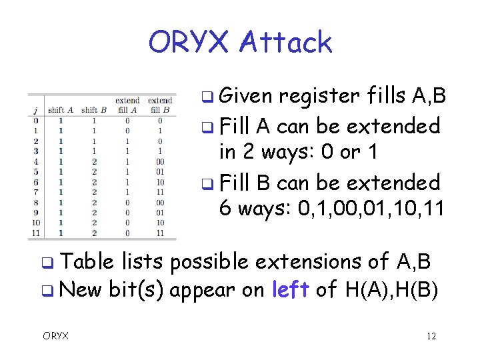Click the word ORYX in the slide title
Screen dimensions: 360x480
(189, 42)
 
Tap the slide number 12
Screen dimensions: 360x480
(431, 336)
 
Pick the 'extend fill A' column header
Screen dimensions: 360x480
(127, 105)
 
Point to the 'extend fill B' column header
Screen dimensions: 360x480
(160, 105)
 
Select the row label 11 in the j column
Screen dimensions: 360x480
(34, 233)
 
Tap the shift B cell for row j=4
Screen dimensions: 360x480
(93, 162)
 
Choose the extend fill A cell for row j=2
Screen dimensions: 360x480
(127, 141)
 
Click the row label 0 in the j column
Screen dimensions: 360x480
(34, 121)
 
